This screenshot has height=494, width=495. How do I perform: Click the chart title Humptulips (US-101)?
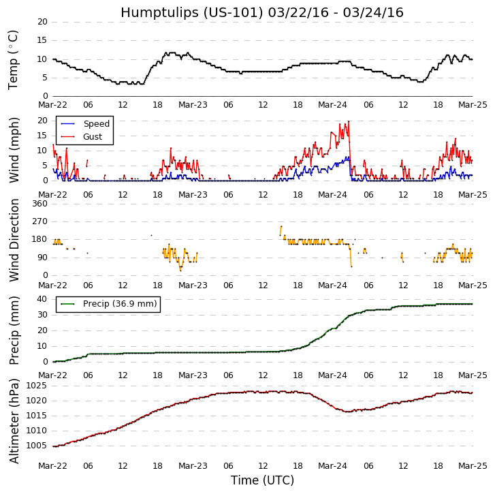click(261, 12)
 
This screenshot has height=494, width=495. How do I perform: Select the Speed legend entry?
click(96, 124)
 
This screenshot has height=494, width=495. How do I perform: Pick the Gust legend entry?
click(93, 137)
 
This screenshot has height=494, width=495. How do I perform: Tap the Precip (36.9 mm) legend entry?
click(119, 304)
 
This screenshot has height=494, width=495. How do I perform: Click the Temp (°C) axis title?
click(14, 59)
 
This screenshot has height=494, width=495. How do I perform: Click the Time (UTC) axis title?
click(262, 480)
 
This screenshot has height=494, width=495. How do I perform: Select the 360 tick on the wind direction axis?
click(39, 204)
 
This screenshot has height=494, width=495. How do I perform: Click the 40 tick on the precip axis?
click(42, 299)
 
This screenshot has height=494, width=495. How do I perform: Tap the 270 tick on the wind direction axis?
click(39, 221)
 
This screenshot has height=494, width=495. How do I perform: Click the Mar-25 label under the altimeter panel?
click(472, 466)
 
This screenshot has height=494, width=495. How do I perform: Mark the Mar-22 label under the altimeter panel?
click(53, 466)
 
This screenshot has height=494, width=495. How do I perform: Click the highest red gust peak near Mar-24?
click(349, 121)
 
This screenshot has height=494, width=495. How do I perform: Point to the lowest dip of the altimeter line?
click(348, 412)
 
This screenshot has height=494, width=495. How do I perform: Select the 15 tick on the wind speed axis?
click(42, 136)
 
